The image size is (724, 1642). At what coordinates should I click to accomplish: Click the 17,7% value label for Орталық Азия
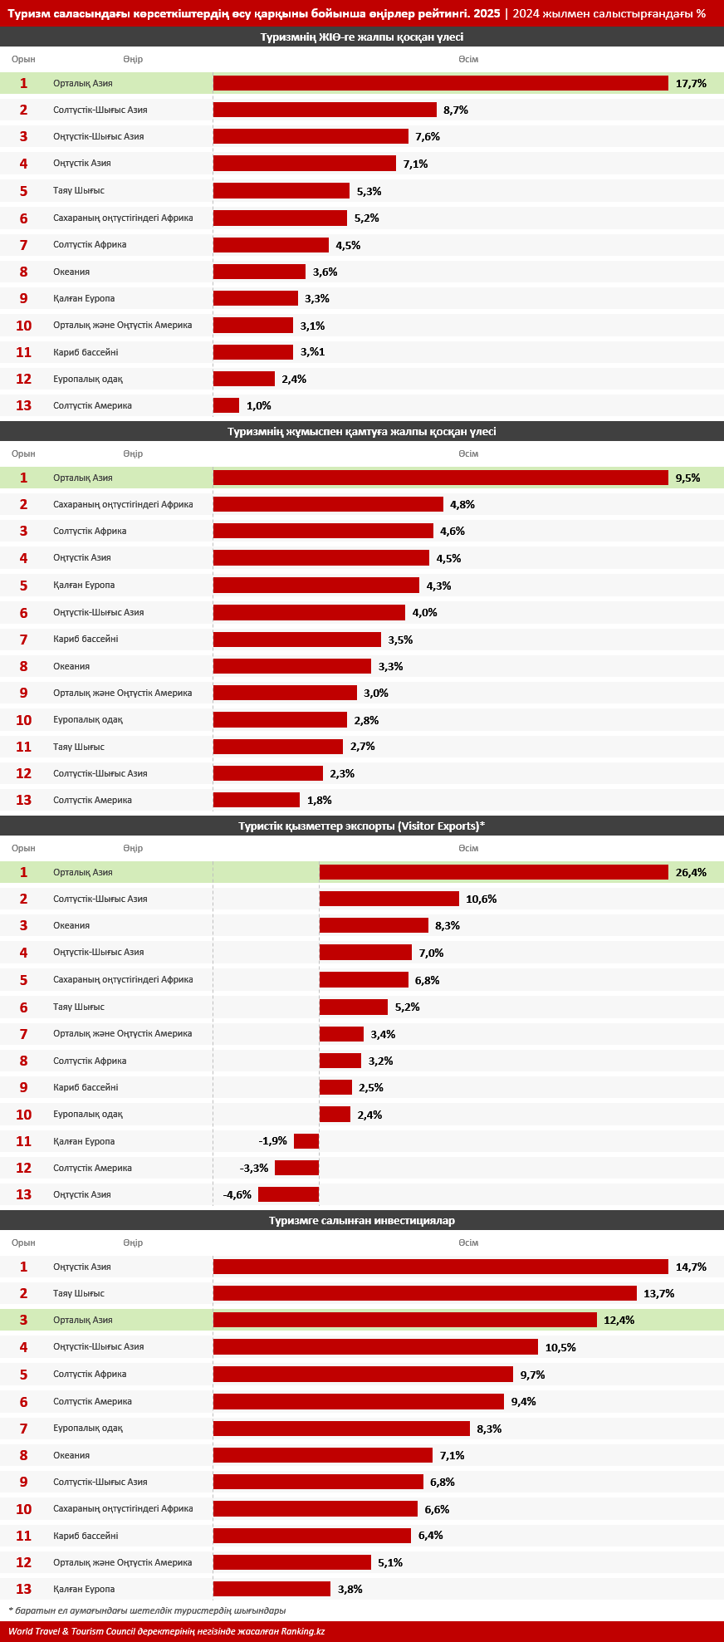691,83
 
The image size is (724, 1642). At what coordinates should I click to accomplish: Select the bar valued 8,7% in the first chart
325,110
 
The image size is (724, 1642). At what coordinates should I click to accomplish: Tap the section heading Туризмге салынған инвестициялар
362,1220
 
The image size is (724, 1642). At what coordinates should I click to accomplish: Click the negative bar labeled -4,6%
289,1194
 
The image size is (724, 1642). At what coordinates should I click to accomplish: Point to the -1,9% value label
272,1141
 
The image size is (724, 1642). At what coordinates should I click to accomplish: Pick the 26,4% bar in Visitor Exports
494,872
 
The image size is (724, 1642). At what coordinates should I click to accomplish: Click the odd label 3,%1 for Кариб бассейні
312,352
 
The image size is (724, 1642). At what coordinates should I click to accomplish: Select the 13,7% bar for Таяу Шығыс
425,1293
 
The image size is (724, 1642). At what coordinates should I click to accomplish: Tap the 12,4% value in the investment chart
619,1320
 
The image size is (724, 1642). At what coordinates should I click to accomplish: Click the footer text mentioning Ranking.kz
166,1631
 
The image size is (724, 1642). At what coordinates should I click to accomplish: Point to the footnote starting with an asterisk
147,1610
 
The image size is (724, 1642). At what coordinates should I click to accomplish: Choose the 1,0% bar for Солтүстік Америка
227,405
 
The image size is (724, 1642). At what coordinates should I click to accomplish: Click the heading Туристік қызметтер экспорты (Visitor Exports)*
362,826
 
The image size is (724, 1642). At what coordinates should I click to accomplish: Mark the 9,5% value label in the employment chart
687,478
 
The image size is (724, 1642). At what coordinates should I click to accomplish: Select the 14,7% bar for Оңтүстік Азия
441,1267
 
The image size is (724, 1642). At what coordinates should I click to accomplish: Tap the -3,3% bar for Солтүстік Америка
297,1168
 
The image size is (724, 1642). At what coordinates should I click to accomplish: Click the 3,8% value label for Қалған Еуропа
350,1589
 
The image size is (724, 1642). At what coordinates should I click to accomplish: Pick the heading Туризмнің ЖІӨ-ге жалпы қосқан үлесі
362,37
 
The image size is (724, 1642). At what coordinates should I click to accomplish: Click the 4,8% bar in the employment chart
328,504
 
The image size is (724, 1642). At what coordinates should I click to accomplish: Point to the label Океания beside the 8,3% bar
71,925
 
